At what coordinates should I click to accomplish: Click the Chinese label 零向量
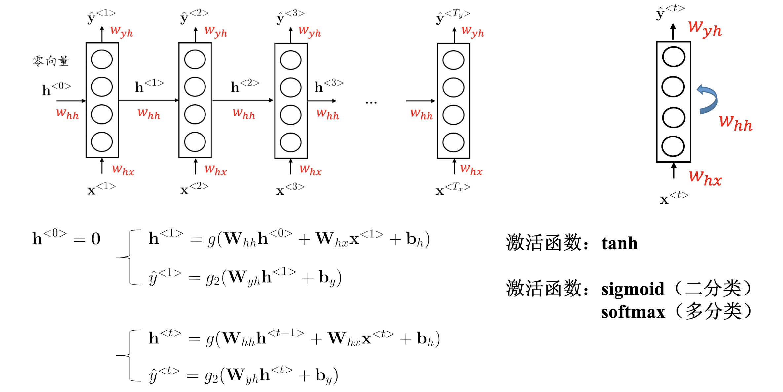51,61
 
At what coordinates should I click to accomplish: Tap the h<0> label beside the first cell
56,89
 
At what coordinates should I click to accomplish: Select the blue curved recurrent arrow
708,99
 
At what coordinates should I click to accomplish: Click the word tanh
619,243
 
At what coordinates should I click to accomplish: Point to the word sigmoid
632,289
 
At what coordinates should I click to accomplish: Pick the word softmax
633,312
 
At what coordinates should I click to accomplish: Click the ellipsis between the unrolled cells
371,103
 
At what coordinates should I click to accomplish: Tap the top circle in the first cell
102,59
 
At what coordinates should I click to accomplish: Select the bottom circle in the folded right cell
673,146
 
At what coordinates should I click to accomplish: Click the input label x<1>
101,189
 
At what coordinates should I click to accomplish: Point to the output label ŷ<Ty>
453,17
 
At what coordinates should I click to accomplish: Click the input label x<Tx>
453,190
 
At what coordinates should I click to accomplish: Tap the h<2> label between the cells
244,86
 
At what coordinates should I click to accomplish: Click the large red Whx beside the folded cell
705,178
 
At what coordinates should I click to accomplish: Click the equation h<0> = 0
66,238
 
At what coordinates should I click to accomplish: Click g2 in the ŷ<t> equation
211,376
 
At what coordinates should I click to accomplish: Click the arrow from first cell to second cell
149,100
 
